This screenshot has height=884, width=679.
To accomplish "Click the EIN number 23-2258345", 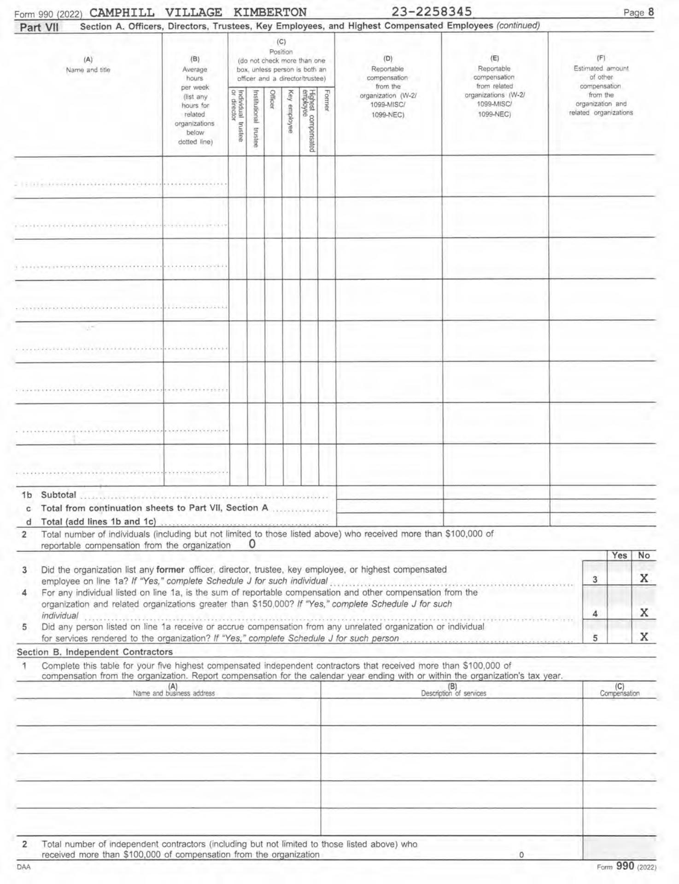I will coord(432,11).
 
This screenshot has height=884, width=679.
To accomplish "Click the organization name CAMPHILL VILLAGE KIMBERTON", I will coord(201,12).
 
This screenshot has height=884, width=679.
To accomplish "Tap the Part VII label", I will coord(39,27).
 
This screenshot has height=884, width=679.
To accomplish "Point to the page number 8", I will coord(650,12).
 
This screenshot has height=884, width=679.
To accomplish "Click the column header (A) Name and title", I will coord(88,65).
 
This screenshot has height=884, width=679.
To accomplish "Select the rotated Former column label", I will coord(327,100).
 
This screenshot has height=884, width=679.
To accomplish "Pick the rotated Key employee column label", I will coord(291,111).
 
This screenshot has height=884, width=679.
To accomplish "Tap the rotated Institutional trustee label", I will coord(256,118).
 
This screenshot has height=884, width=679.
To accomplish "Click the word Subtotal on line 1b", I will coord(59,495).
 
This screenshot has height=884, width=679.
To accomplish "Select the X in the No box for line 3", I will coord(644,579).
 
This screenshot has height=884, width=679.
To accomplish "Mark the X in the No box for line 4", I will coord(644,613).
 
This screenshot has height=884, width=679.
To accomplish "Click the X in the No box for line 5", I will coord(644,637).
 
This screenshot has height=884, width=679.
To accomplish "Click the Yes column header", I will coord(619,555).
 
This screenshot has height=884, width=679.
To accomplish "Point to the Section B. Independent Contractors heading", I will coord(95,652).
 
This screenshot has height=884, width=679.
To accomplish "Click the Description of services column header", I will coord(453,693).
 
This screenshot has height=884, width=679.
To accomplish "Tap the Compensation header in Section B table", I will coord(620,693).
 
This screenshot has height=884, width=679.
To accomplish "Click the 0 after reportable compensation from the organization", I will coord(252,544).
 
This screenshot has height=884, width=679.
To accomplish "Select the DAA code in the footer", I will coord(23,867).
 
